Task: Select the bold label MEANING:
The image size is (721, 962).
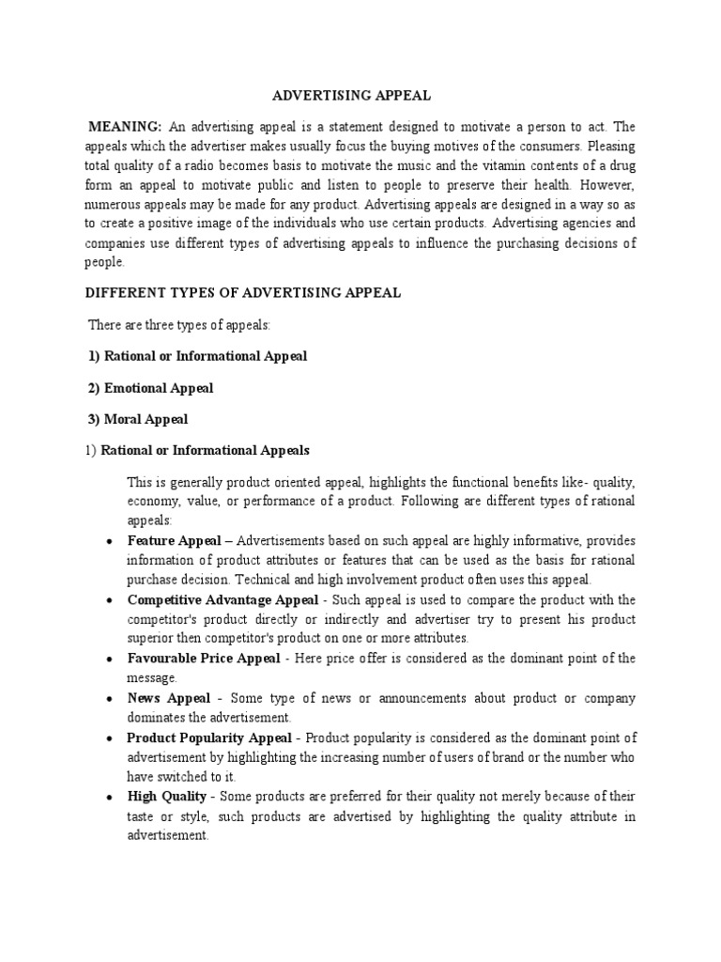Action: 125,127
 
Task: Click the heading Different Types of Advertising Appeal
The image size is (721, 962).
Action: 243,293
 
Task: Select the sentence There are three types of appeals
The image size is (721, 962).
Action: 178,325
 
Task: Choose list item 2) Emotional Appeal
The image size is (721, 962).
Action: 150,388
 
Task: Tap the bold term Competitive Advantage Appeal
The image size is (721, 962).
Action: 211,599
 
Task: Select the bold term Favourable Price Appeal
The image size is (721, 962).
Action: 204,659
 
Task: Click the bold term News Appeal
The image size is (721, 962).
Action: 168,698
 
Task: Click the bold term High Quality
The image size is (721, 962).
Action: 167,796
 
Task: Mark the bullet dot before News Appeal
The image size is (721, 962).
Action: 110,699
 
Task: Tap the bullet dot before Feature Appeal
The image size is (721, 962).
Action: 110,542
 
